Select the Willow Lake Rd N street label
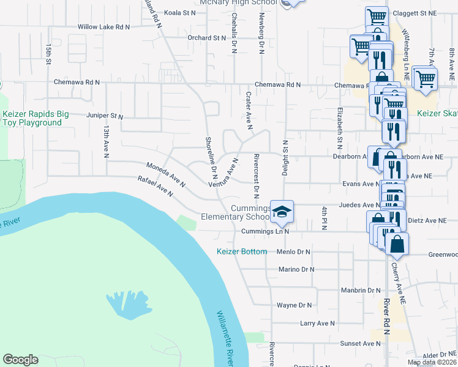tap(103, 27)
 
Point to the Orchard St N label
tap(207, 38)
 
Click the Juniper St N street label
tap(105, 116)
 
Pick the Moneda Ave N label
tap(165, 174)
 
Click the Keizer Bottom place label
tap(242, 251)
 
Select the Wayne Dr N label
tap(295, 305)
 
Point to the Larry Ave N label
tap(317, 323)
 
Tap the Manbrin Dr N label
tap(361, 290)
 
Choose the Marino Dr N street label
tap(296, 269)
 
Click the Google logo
tap(20, 360)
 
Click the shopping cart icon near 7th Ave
tap(424, 78)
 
